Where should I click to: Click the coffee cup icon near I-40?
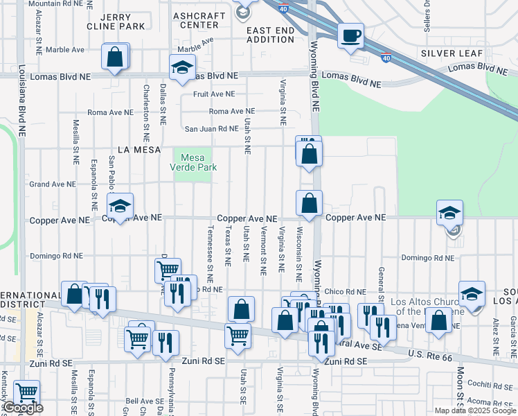pyautogui.click(x=351, y=35)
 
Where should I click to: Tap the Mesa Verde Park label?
pyautogui.click(x=194, y=162)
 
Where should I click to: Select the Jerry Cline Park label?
pyautogui.click(x=116, y=21)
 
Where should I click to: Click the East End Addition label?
pyautogui.click(x=270, y=35)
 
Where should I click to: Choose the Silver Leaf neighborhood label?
pyautogui.click(x=451, y=53)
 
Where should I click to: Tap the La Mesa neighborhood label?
pyautogui.click(x=139, y=149)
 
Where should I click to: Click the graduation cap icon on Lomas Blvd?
pyautogui.click(x=181, y=68)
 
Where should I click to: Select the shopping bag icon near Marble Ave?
pyautogui.click(x=116, y=57)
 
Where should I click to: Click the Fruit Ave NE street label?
pyautogui.click(x=214, y=94)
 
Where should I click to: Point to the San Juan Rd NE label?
pyautogui.click(x=211, y=128)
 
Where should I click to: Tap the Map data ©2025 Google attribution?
pyautogui.click(x=475, y=410)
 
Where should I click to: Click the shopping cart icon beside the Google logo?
pyautogui.click(x=26, y=392)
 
